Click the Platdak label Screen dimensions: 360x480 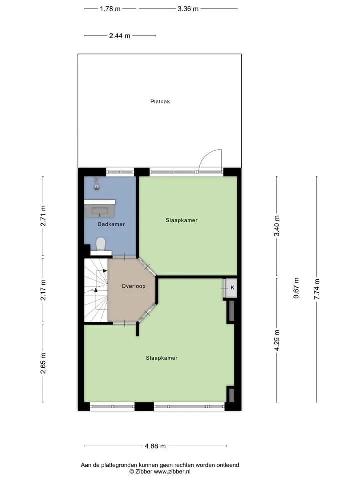pyautogui.click(x=160, y=101)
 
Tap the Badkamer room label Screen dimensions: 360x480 pyautogui.click(x=111, y=224)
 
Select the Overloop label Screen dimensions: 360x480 pyautogui.click(x=134, y=286)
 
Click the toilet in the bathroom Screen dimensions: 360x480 pyautogui.click(x=101, y=244)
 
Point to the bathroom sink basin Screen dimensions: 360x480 pyautogui.click(x=100, y=211)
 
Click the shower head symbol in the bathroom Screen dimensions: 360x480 pyautogui.click(x=96, y=183)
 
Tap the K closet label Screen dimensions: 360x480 pyautogui.click(x=232, y=288)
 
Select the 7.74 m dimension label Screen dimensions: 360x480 pyautogui.click(x=317, y=289)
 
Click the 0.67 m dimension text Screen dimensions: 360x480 pyautogui.click(x=296, y=288)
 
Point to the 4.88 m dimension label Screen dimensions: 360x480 pyautogui.click(x=155, y=446)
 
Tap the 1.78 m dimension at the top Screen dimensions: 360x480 pyautogui.click(x=110, y=9)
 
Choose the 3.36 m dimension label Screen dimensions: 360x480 pyautogui.click(x=188, y=9)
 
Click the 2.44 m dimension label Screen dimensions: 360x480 pyautogui.click(x=120, y=36)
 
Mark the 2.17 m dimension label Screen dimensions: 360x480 pyautogui.click(x=43, y=290)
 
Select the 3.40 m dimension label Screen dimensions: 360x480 pyautogui.click(x=277, y=226)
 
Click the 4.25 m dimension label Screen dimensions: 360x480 pyautogui.click(x=277, y=340)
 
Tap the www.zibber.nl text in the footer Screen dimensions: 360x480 pyautogui.click(x=172, y=471)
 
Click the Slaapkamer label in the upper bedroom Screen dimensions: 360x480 pyautogui.click(x=182, y=220)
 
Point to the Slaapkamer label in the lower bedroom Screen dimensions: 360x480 pyautogui.click(x=162, y=358)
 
